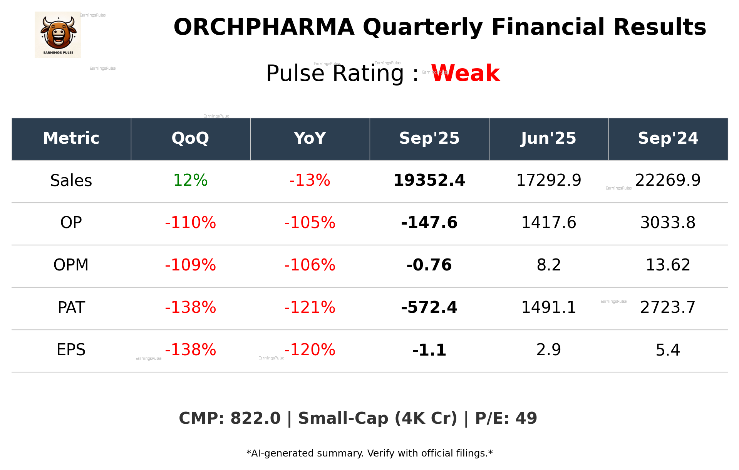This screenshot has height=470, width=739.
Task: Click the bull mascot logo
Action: (x=58, y=34)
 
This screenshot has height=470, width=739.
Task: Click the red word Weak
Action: (x=465, y=73)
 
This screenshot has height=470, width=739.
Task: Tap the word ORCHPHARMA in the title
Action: (x=264, y=27)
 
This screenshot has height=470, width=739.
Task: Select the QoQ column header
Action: (x=190, y=138)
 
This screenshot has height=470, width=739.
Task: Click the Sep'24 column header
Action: (x=668, y=138)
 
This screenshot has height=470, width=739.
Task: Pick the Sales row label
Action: (x=71, y=181)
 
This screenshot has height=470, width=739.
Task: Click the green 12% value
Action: (x=190, y=181)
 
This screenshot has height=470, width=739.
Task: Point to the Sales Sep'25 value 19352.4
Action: (x=429, y=181)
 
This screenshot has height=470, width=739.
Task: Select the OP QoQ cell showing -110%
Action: (x=190, y=223)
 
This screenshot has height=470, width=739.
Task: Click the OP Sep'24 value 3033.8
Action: (x=668, y=223)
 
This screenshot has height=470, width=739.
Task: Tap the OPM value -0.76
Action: (x=429, y=265)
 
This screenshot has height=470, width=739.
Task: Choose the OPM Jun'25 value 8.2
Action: (x=548, y=265)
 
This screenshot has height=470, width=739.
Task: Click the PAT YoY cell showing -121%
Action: (x=310, y=307)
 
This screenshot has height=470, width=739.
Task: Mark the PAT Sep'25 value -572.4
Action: (x=429, y=307)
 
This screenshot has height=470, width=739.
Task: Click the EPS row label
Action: (x=71, y=350)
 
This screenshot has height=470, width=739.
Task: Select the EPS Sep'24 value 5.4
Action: (x=668, y=350)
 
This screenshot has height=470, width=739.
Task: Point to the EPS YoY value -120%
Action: (x=310, y=350)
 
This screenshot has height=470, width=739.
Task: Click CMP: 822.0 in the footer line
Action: (x=230, y=418)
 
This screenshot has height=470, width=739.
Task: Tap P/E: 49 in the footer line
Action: (x=506, y=418)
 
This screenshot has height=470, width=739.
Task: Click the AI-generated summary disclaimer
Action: (x=369, y=453)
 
